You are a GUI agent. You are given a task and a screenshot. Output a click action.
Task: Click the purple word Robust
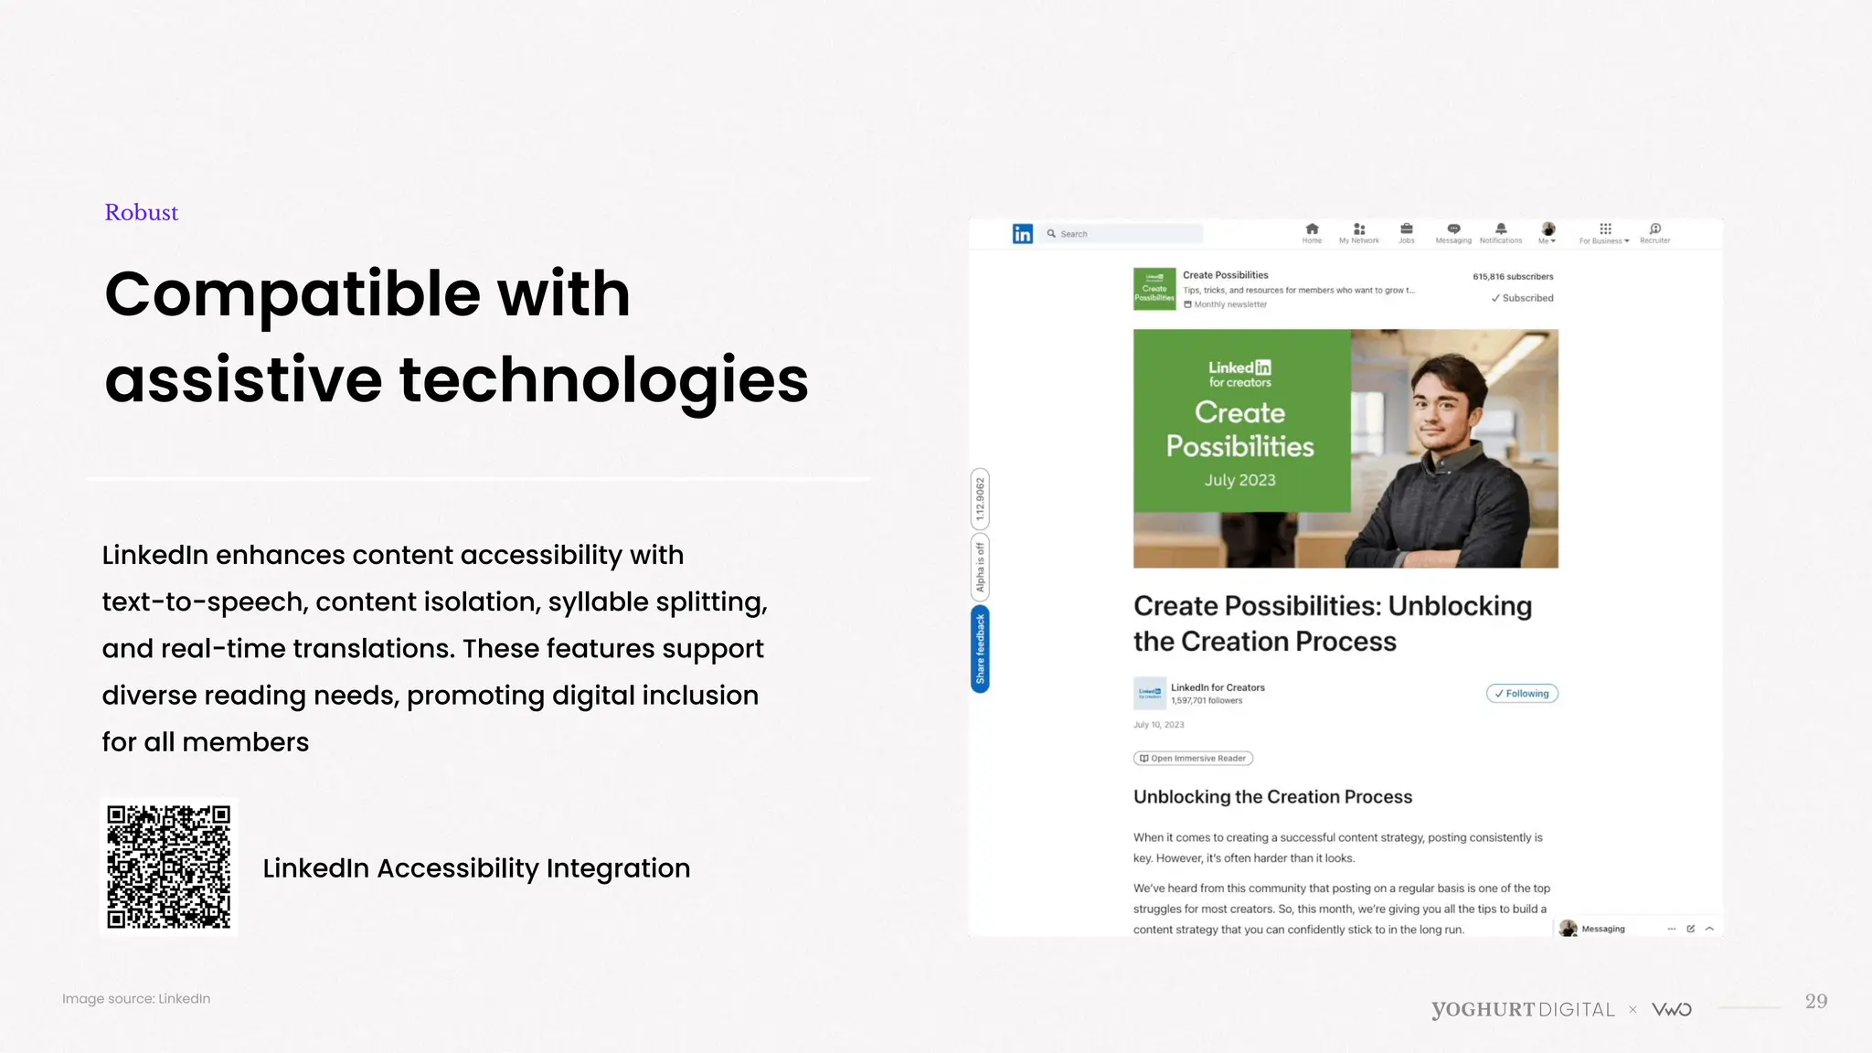[x=141, y=212]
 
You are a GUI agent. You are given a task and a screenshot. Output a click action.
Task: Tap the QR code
[x=169, y=867]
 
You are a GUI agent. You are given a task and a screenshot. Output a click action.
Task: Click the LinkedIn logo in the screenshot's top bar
[x=1022, y=234]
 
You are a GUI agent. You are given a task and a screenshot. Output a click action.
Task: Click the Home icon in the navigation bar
[x=1312, y=229]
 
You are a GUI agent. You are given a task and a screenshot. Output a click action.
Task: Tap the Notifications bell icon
[x=1501, y=229]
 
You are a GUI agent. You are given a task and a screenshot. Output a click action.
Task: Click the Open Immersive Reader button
[x=1193, y=758]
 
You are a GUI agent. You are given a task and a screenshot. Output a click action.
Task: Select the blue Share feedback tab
[x=980, y=649]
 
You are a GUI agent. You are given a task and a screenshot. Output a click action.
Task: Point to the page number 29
[x=1815, y=1001]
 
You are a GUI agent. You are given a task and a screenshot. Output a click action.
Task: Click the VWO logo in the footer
[x=1672, y=1009]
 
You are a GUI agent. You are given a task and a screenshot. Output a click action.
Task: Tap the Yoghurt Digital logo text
[x=1523, y=1009]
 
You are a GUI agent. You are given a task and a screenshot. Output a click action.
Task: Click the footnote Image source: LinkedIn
[x=136, y=998]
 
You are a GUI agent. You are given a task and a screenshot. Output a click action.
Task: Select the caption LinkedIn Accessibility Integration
[x=476, y=867]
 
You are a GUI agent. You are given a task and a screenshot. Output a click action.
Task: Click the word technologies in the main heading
[x=603, y=379]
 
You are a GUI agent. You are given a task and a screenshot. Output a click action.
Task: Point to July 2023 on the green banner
[x=1239, y=480]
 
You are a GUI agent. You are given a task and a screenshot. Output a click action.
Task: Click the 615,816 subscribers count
[x=1513, y=276]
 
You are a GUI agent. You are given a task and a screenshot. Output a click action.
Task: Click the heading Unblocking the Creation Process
[x=1272, y=796]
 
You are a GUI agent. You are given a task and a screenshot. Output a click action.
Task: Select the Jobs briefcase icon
[x=1407, y=229]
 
